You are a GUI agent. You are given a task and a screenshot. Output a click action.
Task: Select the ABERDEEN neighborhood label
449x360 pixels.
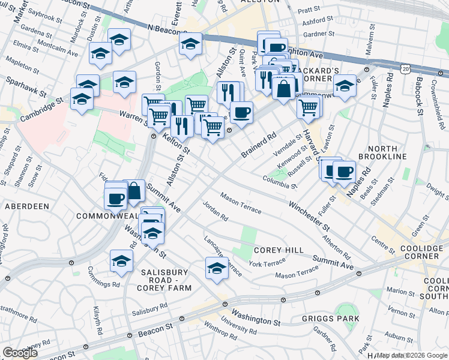[x=27, y=206]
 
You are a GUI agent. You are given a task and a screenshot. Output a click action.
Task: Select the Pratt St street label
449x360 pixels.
[x=309, y=10]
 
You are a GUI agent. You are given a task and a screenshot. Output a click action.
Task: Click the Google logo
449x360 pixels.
[x=20, y=352]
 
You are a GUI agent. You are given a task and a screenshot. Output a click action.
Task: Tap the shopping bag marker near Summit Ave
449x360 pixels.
[x=134, y=191]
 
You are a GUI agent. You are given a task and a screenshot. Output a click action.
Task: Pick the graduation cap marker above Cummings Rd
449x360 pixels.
[x=121, y=260]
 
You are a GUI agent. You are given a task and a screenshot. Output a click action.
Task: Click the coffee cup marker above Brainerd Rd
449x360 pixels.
[x=241, y=112]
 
